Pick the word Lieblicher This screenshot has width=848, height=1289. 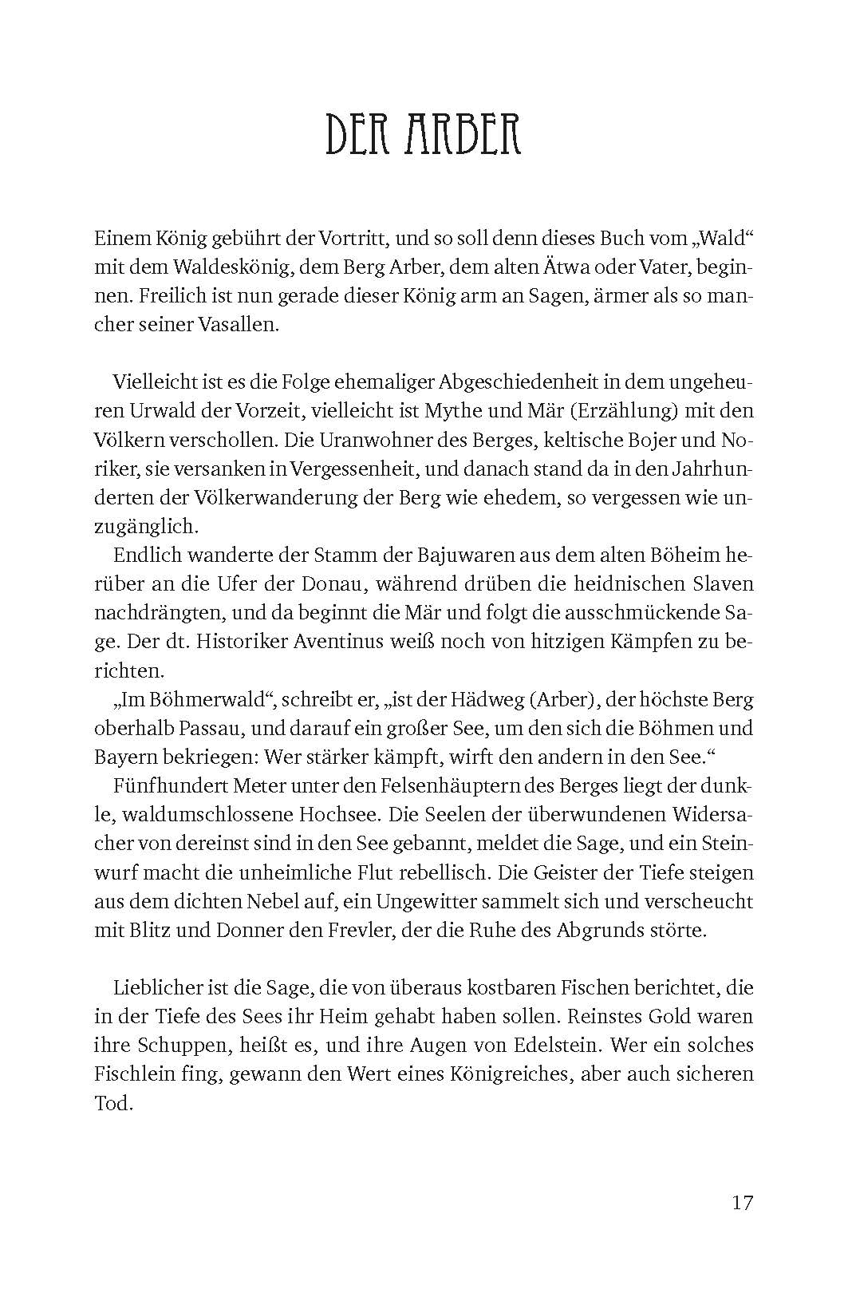pyautogui.click(x=160, y=988)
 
